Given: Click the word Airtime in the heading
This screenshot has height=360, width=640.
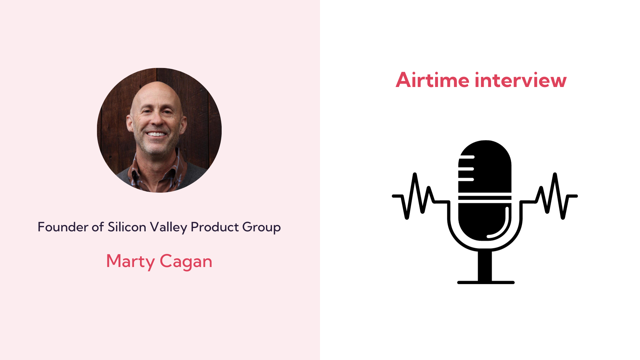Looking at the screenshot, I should pyautogui.click(x=432, y=80).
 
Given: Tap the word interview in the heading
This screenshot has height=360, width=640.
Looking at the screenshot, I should pyautogui.click(x=520, y=80).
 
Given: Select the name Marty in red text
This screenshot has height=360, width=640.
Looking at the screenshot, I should pyautogui.click(x=130, y=261).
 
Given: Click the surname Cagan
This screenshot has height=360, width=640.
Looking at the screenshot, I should pyautogui.click(x=186, y=261).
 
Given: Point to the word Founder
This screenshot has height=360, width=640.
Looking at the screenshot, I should pyautogui.click(x=63, y=227).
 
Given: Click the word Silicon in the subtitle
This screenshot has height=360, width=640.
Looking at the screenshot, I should pyautogui.click(x=127, y=227).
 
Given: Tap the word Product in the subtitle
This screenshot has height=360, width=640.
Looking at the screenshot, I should pyautogui.click(x=215, y=227).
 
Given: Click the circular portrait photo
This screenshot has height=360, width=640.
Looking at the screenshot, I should pyautogui.click(x=159, y=130).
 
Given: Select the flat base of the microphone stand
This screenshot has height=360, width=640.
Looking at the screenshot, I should pyautogui.click(x=486, y=282).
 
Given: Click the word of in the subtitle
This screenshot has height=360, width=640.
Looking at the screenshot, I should pyautogui.click(x=98, y=227).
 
